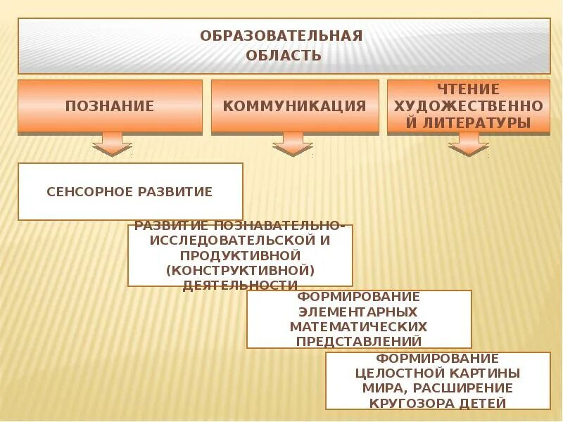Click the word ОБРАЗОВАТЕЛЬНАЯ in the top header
point(281,36)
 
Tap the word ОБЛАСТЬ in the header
point(284,56)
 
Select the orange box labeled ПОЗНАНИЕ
point(110,107)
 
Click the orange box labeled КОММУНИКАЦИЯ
point(295,107)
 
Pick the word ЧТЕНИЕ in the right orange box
point(468,89)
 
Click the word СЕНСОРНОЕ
point(89,192)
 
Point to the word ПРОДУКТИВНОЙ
point(240,255)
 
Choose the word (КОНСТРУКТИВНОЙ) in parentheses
point(240,270)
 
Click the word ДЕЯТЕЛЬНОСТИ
point(240,286)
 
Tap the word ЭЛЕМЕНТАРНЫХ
point(358,312)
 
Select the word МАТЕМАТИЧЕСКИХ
point(358,327)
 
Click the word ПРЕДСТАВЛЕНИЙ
point(358,342)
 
